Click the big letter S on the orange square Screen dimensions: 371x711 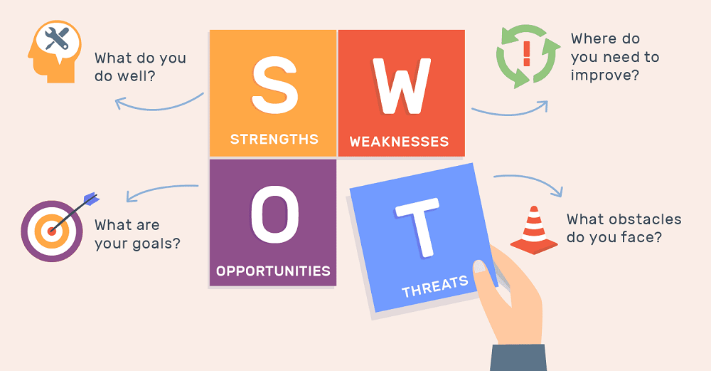[273, 87]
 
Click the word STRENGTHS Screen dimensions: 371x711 [274, 139]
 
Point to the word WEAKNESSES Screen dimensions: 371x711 [399, 142]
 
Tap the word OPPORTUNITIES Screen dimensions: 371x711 [273, 271]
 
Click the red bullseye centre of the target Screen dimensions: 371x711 [52, 231]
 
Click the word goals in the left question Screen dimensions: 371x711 [154, 243]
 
